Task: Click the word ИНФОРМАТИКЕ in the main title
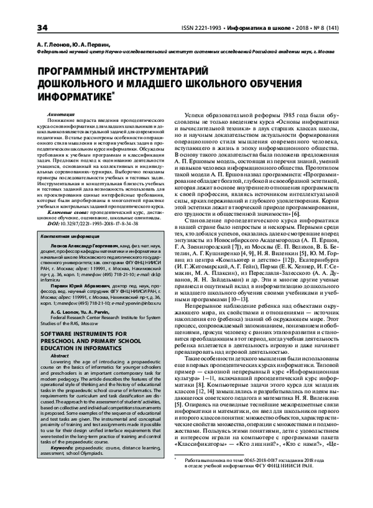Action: coord(73,97)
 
